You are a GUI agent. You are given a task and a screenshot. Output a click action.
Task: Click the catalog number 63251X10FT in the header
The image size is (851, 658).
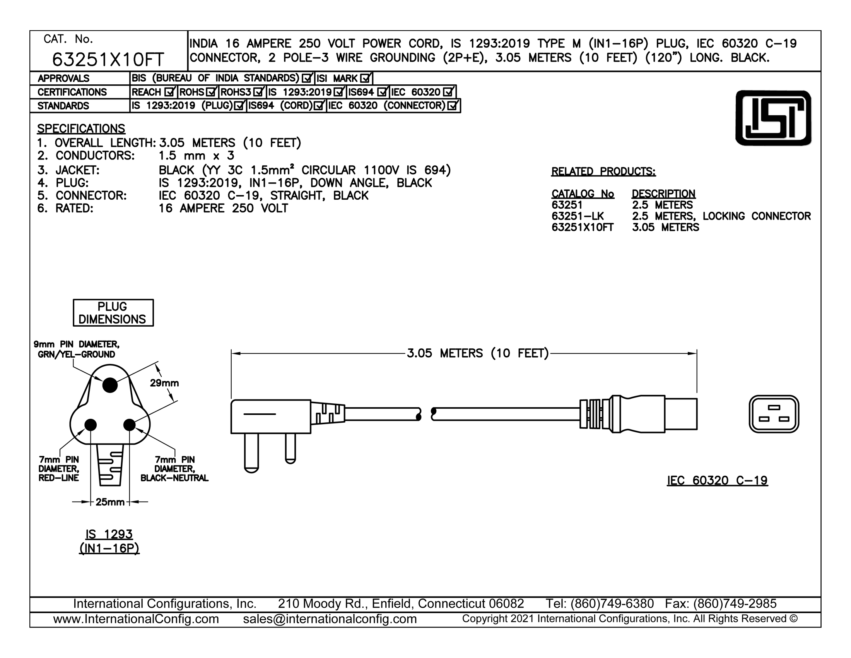pyautogui.click(x=108, y=60)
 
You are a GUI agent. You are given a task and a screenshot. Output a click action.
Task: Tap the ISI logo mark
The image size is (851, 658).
pyautogui.click(x=773, y=118)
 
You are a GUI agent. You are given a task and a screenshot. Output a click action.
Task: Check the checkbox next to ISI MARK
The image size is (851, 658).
pyautogui.click(x=366, y=78)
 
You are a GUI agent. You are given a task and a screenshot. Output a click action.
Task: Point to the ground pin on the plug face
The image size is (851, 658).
pyautogui.click(x=110, y=385)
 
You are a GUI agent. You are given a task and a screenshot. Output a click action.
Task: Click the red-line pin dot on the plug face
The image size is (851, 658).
pyautogui.click(x=91, y=425)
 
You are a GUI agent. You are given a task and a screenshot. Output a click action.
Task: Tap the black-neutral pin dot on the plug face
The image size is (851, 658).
pyautogui.click(x=129, y=425)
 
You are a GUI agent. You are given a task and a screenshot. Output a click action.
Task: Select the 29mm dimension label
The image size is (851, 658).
pyautogui.click(x=164, y=383)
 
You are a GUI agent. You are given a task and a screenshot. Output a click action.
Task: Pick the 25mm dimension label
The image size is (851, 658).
pyautogui.click(x=110, y=502)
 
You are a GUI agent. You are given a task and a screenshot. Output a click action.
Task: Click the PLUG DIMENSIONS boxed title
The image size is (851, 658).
pyautogui.click(x=113, y=313)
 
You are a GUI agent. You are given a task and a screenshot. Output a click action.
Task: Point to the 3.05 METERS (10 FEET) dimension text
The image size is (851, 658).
pyautogui.click(x=478, y=353)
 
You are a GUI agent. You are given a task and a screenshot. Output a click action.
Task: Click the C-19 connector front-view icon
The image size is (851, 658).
pyautogui.click(x=774, y=414)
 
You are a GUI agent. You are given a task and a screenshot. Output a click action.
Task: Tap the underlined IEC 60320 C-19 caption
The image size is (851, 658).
pyautogui.click(x=717, y=480)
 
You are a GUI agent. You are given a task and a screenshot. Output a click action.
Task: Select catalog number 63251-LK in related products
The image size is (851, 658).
pyautogui.click(x=578, y=216)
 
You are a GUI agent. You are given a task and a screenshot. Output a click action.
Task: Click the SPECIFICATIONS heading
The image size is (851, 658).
pyautogui.click(x=81, y=129)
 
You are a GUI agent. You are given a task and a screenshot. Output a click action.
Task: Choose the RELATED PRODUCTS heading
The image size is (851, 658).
pyautogui.click(x=603, y=171)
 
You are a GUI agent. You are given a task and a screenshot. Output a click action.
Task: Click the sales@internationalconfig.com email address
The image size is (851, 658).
pyautogui.click(x=330, y=619)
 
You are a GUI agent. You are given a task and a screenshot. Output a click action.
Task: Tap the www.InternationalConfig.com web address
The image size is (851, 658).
pyautogui.click(x=136, y=619)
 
